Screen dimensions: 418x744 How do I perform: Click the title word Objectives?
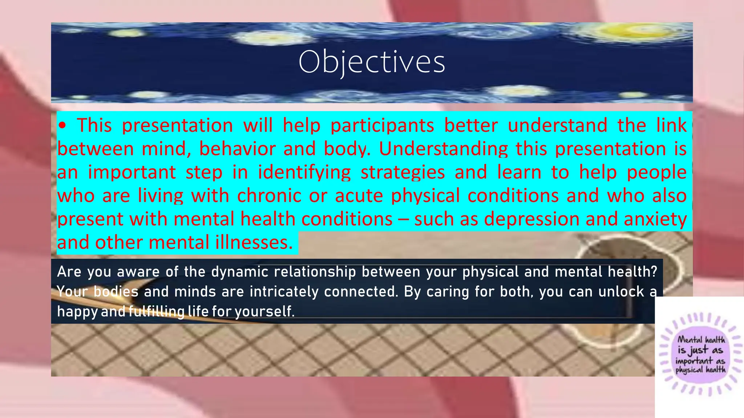(372, 62)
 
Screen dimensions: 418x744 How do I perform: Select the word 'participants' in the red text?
(382, 126)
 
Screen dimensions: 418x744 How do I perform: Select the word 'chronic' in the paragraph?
(269, 196)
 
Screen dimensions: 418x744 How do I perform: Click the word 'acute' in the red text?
(359, 196)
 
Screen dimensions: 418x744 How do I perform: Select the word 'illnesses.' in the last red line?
(254, 242)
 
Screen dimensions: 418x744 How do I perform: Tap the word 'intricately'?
(284, 292)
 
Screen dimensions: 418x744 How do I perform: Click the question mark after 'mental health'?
(654, 272)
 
